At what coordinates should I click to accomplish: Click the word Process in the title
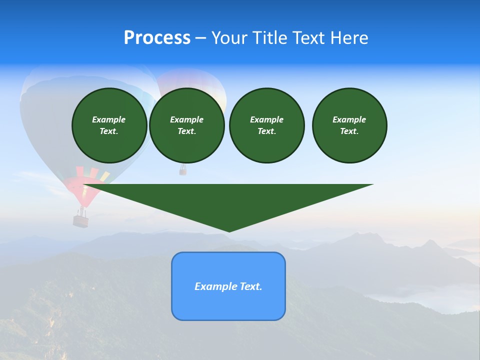(x=157, y=37)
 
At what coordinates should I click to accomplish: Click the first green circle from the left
(x=109, y=125)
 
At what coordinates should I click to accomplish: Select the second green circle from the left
(x=186, y=125)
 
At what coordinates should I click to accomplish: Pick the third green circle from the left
(x=266, y=125)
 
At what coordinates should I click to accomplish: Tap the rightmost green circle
(x=349, y=125)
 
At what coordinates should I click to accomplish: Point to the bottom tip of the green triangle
(x=229, y=230)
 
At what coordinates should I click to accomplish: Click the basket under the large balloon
(x=80, y=220)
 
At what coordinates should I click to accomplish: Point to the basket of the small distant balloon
(x=183, y=171)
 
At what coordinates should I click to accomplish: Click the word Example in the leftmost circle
(x=109, y=119)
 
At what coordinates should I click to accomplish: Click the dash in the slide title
(x=200, y=38)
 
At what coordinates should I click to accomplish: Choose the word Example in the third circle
(x=266, y=119)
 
